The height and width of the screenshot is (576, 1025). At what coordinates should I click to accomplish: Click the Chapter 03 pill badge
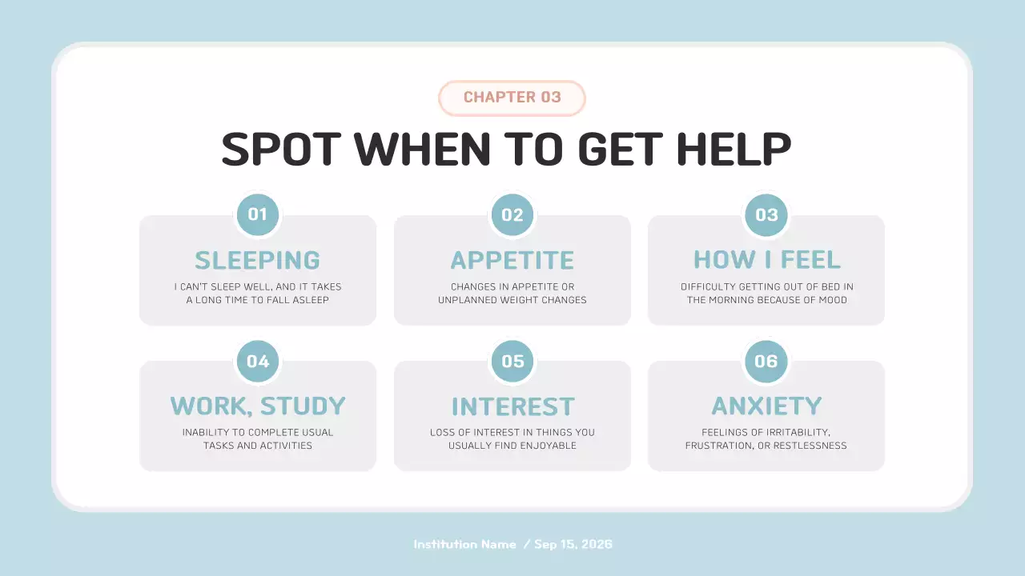coord(512,98)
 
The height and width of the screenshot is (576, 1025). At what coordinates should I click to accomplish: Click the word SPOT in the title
coord(281,149)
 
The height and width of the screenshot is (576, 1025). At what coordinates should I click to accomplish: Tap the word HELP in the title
coord(734,149)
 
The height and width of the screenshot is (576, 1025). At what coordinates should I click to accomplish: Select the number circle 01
coord(258,214)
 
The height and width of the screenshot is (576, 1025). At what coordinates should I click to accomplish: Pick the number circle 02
coord(512,215)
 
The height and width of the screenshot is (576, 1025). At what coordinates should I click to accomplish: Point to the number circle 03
coord(766,215)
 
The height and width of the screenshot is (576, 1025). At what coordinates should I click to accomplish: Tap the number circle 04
coord(258,361)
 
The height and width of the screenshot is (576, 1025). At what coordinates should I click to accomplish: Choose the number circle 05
coord(512,361)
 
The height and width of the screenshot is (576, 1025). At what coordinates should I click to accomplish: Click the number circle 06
coord(766,361)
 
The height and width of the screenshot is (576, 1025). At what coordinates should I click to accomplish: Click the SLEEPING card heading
coord(258,261)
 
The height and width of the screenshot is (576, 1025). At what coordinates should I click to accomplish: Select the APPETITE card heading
coord(512,261)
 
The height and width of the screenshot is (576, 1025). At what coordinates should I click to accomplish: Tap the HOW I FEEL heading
coord(767,260)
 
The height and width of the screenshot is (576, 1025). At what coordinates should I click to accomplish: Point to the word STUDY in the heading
coord(303,406)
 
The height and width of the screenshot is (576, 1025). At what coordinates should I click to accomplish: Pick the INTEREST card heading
coord(512,407)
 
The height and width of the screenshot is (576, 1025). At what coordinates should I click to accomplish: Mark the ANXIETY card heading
coord(766,406)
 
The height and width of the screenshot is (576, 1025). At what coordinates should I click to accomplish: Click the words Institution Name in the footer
coord(464,545)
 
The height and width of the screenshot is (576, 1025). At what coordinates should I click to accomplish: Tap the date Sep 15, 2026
coord(573,545)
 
